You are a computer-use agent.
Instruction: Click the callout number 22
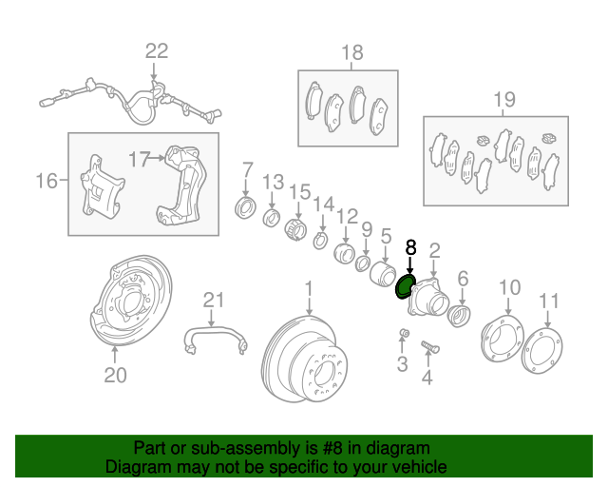pyautogui.click(x=156, y=51)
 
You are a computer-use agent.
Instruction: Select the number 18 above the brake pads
pyautogui.click(x=352, y=52)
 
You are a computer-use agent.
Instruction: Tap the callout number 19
pyautogui.click(x=503, y=99)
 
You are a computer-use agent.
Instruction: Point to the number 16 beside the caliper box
pyautogui.click(x=47, y=181)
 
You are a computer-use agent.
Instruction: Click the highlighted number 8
pyautogui.click(x=410, y=247)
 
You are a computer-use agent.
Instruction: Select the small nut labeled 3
pyautogui.click(x=403, y=332)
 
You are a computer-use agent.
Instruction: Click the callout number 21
pyautogui.click(x=215, y=301)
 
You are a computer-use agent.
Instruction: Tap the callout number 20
pyautogui.click(x=115, y=376)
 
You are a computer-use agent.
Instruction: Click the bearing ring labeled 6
pyautogui.click(x=458, y=314)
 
